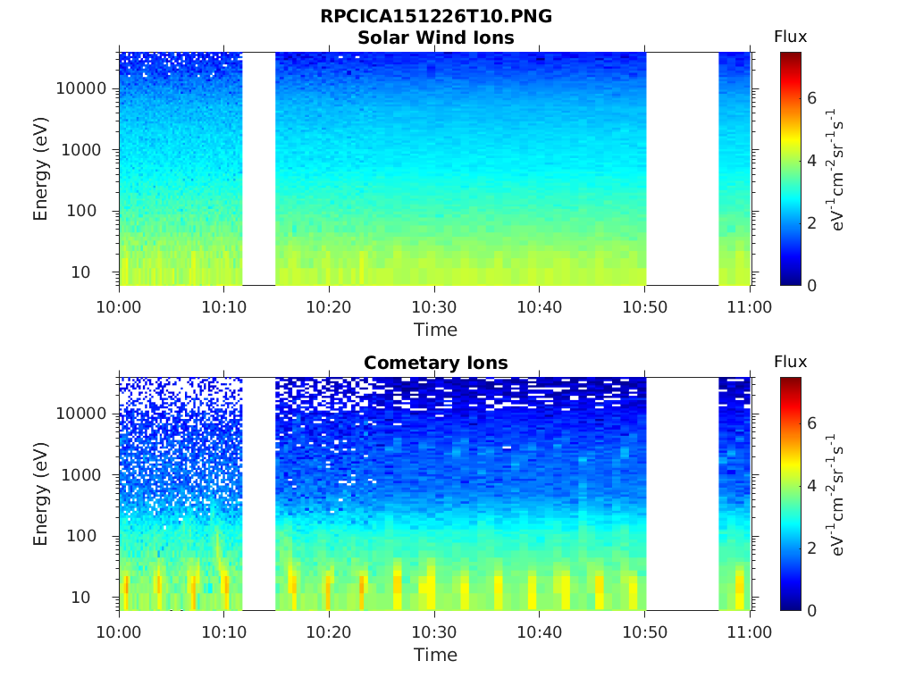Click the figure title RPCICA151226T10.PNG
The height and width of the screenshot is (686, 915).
coord(436,16)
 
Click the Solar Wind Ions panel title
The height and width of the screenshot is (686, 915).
coord(436,38)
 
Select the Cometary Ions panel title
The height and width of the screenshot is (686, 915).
coord(436,363)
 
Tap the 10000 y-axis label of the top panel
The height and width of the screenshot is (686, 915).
coord(81,88)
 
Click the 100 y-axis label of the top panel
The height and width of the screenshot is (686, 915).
coord(81,211)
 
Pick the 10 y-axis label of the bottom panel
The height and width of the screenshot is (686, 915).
coord(80,598)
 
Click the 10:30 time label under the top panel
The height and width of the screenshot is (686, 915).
coord(434,307)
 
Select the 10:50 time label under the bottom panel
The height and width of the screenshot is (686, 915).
coord(645,632)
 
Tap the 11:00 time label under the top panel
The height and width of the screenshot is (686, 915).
coord(750,307)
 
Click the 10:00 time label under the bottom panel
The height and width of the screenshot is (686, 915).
coord(119,632)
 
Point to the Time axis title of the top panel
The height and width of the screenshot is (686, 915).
coord(435,330)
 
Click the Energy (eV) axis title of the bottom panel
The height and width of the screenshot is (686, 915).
coord(40,494)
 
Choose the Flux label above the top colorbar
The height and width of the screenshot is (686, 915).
coord(790,37)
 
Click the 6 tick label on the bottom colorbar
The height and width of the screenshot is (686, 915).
coord(811,422)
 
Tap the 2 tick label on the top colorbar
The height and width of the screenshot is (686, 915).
coord(811,222)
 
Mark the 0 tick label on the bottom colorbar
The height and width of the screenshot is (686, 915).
coord(811,610)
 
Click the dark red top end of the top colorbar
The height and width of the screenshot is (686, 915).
coord(791,54)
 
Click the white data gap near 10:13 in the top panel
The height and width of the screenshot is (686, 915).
coord(258,169)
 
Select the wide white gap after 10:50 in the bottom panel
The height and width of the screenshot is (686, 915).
coord(682,494)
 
